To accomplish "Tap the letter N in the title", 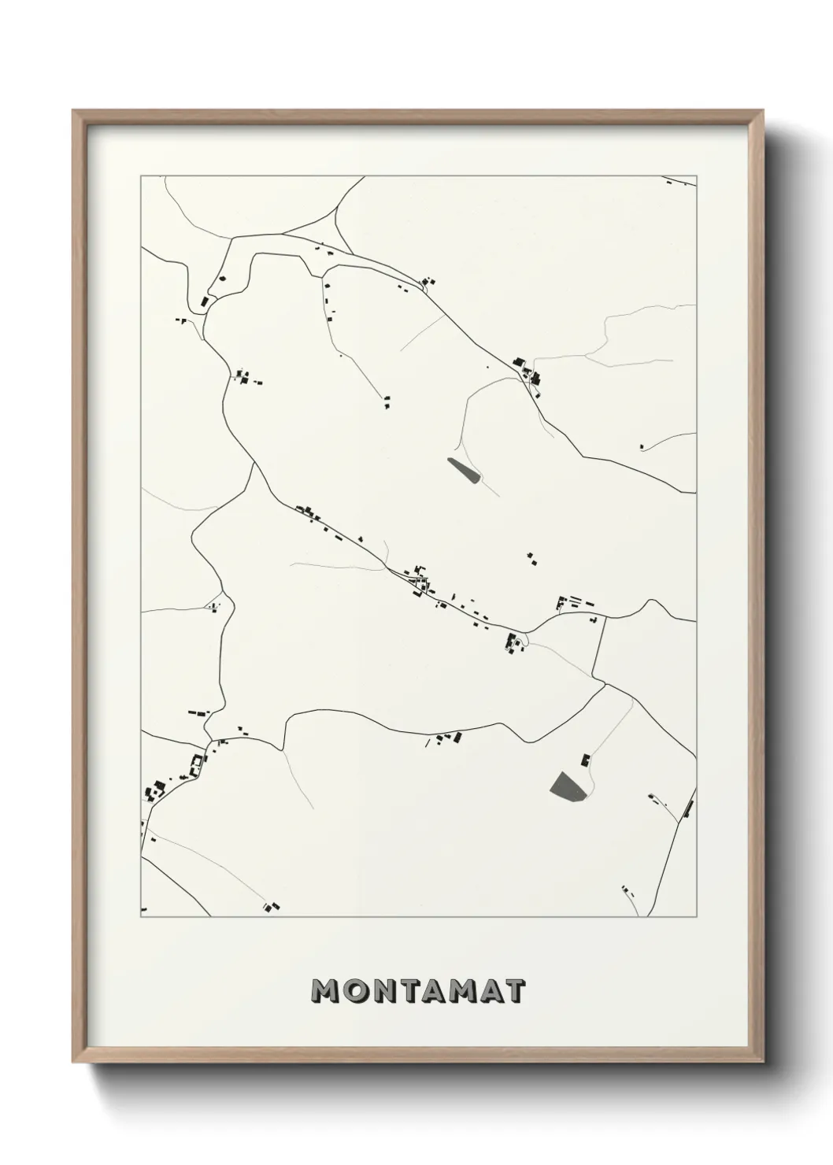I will coord(383,991).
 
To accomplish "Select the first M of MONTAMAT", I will coord(326,991).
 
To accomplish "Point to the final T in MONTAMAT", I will coord(514,991).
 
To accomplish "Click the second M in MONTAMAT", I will coord(460,991).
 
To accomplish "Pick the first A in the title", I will coord(431,991).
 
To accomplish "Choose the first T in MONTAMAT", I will coord(409,991).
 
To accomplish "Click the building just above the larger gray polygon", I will coord(585,760).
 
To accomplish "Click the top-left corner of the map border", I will coord(141,176).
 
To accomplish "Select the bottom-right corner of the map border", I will coord(697,918).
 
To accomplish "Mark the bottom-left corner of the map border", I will coord(141,918).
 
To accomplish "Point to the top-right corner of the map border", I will coord(697,176).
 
